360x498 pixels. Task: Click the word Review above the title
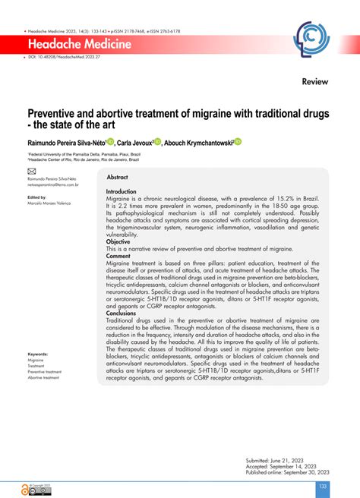(x=314, y=80)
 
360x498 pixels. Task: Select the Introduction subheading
(x=121, y=192)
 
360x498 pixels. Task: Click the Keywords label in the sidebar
(x=38, y=355)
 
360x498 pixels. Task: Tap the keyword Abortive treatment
(x=43, y=377)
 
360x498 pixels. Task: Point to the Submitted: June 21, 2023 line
(x=273, y=440)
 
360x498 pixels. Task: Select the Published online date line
(x=285, y=453)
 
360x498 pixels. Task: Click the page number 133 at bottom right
(x=322, y=485)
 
